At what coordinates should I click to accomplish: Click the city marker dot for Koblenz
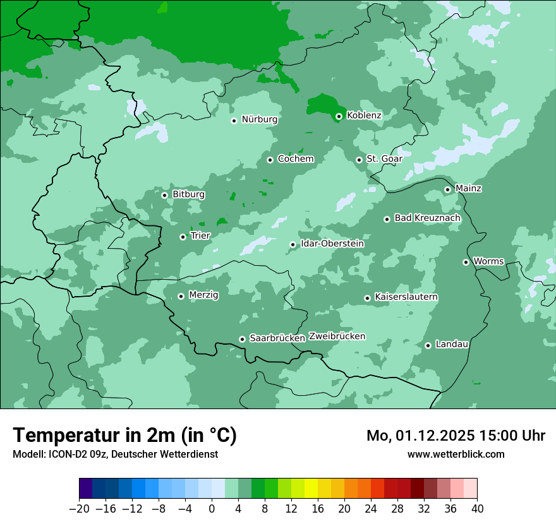(x=339, y=116)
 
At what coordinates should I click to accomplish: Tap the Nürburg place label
(x=259, y=119)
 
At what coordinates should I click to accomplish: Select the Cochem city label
(x=296, y=159)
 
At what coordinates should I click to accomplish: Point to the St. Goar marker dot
(x=360, y=160)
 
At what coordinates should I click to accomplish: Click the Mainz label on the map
(x=468, y=189)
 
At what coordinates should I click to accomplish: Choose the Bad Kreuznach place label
(x=427, y=218)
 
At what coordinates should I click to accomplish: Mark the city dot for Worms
(x=466, y=262)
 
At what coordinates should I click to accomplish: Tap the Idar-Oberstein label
(x=332, y=244)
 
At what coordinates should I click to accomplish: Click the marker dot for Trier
(x=183, y=237)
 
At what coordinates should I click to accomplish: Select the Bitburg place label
(x=188, y=194)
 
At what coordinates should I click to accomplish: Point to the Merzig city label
(x=203, y=295)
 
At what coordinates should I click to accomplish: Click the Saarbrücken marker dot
(x=242, y=339)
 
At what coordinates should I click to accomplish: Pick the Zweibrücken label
(x=337, y=336)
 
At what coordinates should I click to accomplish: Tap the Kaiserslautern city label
(x=406, y=297)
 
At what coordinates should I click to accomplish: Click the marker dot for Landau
(x=428, y=345)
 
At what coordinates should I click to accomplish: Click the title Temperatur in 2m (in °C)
(x=124, y=436)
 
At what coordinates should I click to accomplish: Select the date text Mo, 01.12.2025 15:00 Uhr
(x=456, y=436)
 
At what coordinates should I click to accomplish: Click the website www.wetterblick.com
(x=456, y=455)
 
